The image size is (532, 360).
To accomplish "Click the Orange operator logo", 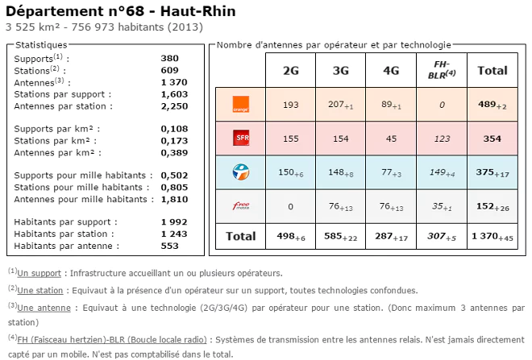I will [x=240, y=105].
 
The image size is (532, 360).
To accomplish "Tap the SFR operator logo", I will [x=240, y=139].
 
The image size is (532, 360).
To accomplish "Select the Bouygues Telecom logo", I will [x=240, y=172].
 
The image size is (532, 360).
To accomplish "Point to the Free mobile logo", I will [x=240, y=205].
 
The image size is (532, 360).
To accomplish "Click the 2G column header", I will [x=290, y=70].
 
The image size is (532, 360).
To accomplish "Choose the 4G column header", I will [x=391, y=70].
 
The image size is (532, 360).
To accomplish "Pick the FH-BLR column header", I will [x=442, y=70].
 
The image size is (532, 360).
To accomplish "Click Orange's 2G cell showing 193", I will [x=290, y=106].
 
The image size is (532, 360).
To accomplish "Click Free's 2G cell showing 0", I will [x=290, y=206].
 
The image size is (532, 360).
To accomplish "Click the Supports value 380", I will [x=169, y=58].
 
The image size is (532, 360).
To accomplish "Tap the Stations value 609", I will [x=169, y=69].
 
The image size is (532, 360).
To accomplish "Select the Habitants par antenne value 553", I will [x=169, y=246].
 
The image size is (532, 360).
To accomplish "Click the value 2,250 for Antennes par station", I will [x=174, y=106].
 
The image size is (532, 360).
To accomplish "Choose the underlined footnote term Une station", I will [x=40, y=290].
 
